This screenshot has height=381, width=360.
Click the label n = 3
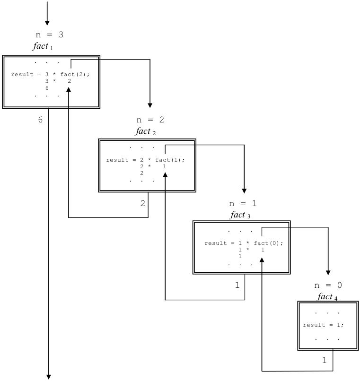click(50, 35)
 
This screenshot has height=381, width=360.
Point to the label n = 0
click(328, 286)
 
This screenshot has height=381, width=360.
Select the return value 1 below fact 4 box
click(324, 360)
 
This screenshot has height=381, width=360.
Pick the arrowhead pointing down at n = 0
click(328, 273)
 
